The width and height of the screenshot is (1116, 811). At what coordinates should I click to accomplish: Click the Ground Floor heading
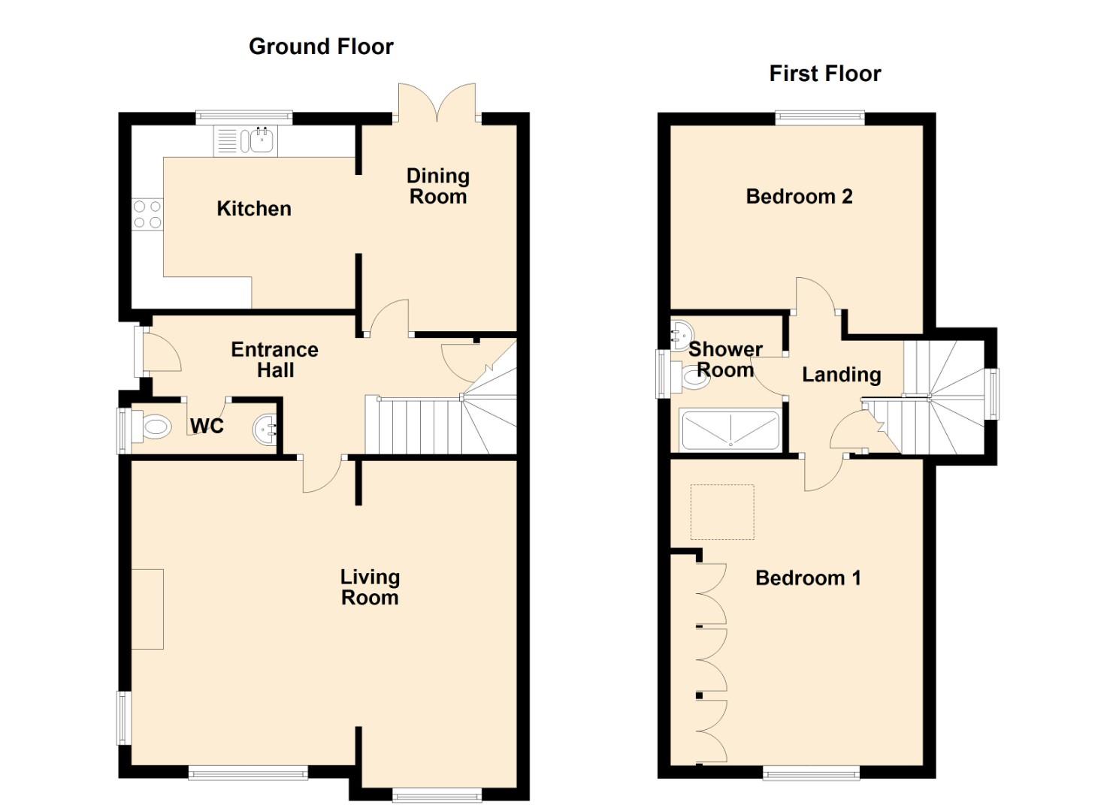pyautogui.click(x=321, y=47)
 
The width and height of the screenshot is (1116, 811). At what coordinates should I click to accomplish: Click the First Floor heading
pyautogui.click(x=824, y=74)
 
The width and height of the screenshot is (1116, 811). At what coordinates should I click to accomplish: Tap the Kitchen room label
pyautogui.click(x=254, y=209)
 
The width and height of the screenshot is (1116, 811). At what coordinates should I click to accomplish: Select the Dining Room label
pyautogui.click(x=437, y=186)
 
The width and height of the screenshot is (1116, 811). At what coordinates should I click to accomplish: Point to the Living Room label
pyautogui.click(x=370, y=587)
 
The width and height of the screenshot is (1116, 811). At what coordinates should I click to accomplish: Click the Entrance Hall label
pyautogui.click(x=274, y=360)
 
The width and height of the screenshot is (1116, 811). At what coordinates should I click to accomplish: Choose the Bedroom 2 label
pyautogui.click(x=799, y=197)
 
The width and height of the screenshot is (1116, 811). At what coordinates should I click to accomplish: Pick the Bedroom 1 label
pyautogui.click(x=808, y=578)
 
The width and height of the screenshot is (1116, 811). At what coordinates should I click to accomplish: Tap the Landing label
pyautogui.click(x=841, y=375)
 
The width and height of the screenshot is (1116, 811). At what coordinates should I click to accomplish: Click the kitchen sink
pyautogui.click(x=261, y=140)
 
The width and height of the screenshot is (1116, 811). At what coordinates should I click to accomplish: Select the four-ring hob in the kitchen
pyautogui.click(x=147, y=214)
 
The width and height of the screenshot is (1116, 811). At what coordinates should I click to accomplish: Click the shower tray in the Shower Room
pyautogui.click(x=730, y=430)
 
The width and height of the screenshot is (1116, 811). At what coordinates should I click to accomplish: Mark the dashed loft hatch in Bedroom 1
pyautogui.click(x=722, y=512)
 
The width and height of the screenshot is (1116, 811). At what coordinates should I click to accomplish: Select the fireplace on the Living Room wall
pyautogui.click(x=147, y=609)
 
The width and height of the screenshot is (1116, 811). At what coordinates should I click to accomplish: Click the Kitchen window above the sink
pyautogui.click(x=244, y=116)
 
